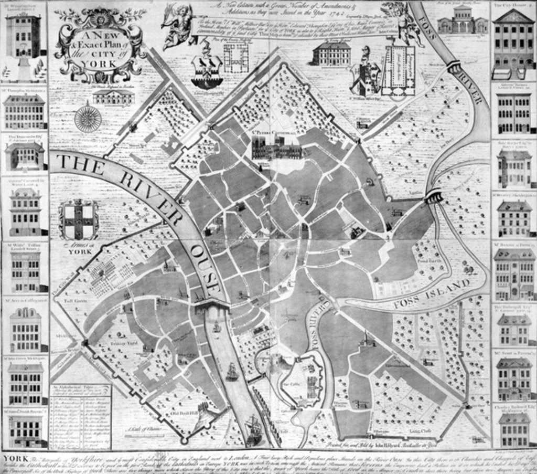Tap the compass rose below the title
coord(88,118)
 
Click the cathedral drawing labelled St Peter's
coord(276,149)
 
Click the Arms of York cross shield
coord(78,220)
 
